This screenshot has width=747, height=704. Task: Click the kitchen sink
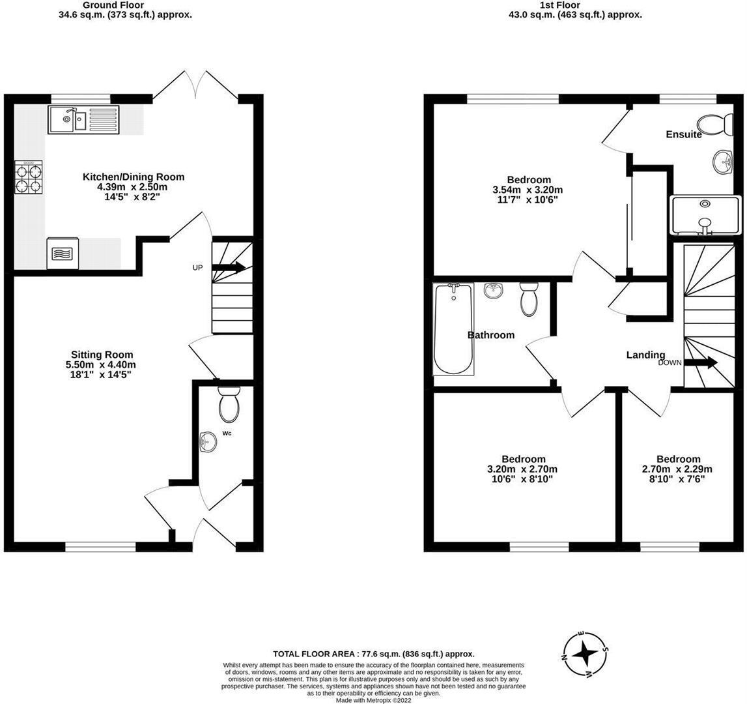click(84, 120)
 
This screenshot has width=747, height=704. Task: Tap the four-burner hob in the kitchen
click(29, 177)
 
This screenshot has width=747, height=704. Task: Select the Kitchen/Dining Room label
click(134, 177)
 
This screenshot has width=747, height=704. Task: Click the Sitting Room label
click(102, 355)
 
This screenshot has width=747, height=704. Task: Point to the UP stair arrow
click(229, 267)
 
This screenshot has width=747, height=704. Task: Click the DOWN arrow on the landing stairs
click(701, 362)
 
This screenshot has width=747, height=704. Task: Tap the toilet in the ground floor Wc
click(229, 404)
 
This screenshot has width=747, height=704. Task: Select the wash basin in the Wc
click(208, 441)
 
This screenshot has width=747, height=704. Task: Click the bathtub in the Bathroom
click(453, 329)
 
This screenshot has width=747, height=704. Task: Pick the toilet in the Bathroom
click(529, 299)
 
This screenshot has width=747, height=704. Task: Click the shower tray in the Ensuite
click(705, 215)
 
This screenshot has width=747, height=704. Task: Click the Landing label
click(645, 355)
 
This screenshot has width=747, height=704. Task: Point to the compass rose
click(585, 654)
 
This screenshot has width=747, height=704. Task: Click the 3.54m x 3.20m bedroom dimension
click(528, 190)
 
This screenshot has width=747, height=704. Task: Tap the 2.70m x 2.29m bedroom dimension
click(677, 469)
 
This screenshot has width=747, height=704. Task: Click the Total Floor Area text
click(374, 654)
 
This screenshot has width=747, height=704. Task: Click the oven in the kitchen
click(63, 253)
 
